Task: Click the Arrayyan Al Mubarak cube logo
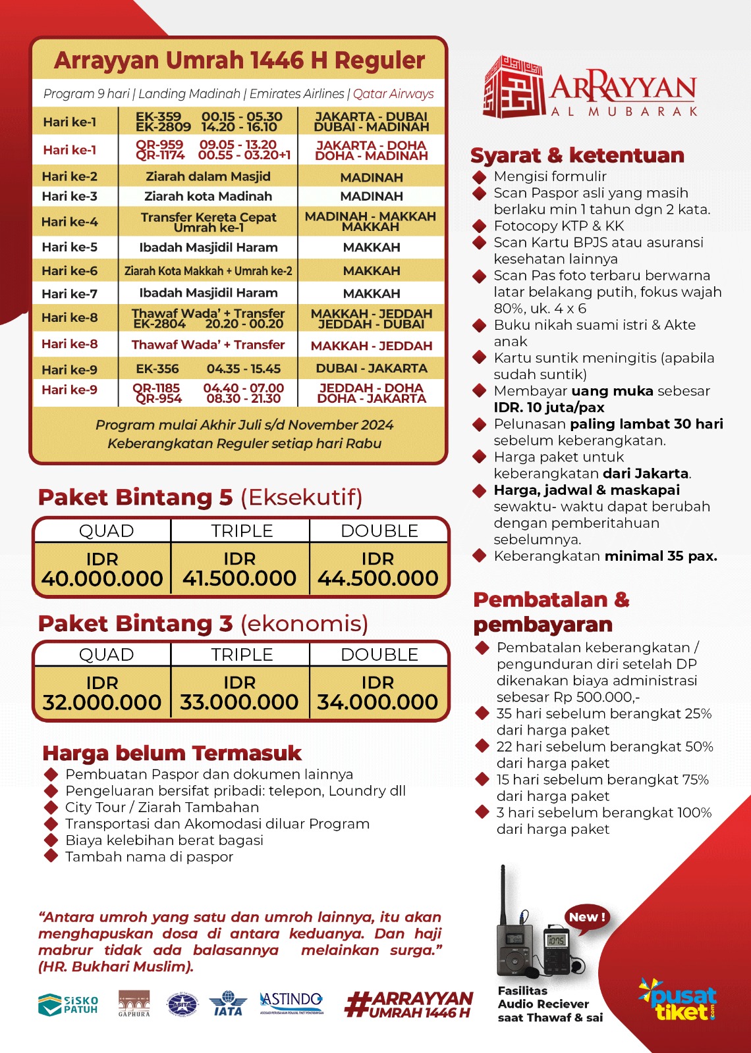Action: pos(513,87)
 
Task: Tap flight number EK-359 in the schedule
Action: pos(158,116)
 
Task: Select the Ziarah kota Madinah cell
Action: pos(208,196)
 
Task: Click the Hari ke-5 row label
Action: pos(69,247)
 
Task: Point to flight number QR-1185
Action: pos(156,388)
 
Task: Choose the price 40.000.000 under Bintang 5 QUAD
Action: pos(102,578)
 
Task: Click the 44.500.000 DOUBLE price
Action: pos(378,578)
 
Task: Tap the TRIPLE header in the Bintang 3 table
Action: pos(241,655)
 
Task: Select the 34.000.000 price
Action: pos(377,702)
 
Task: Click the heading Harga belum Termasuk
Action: pos(171,753)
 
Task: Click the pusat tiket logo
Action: pos(679,1000)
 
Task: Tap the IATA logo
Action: pos(228,1004)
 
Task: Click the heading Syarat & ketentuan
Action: pos(577,155)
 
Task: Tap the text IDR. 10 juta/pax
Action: pos(549,407)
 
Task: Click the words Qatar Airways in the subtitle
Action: pos(393,93)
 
